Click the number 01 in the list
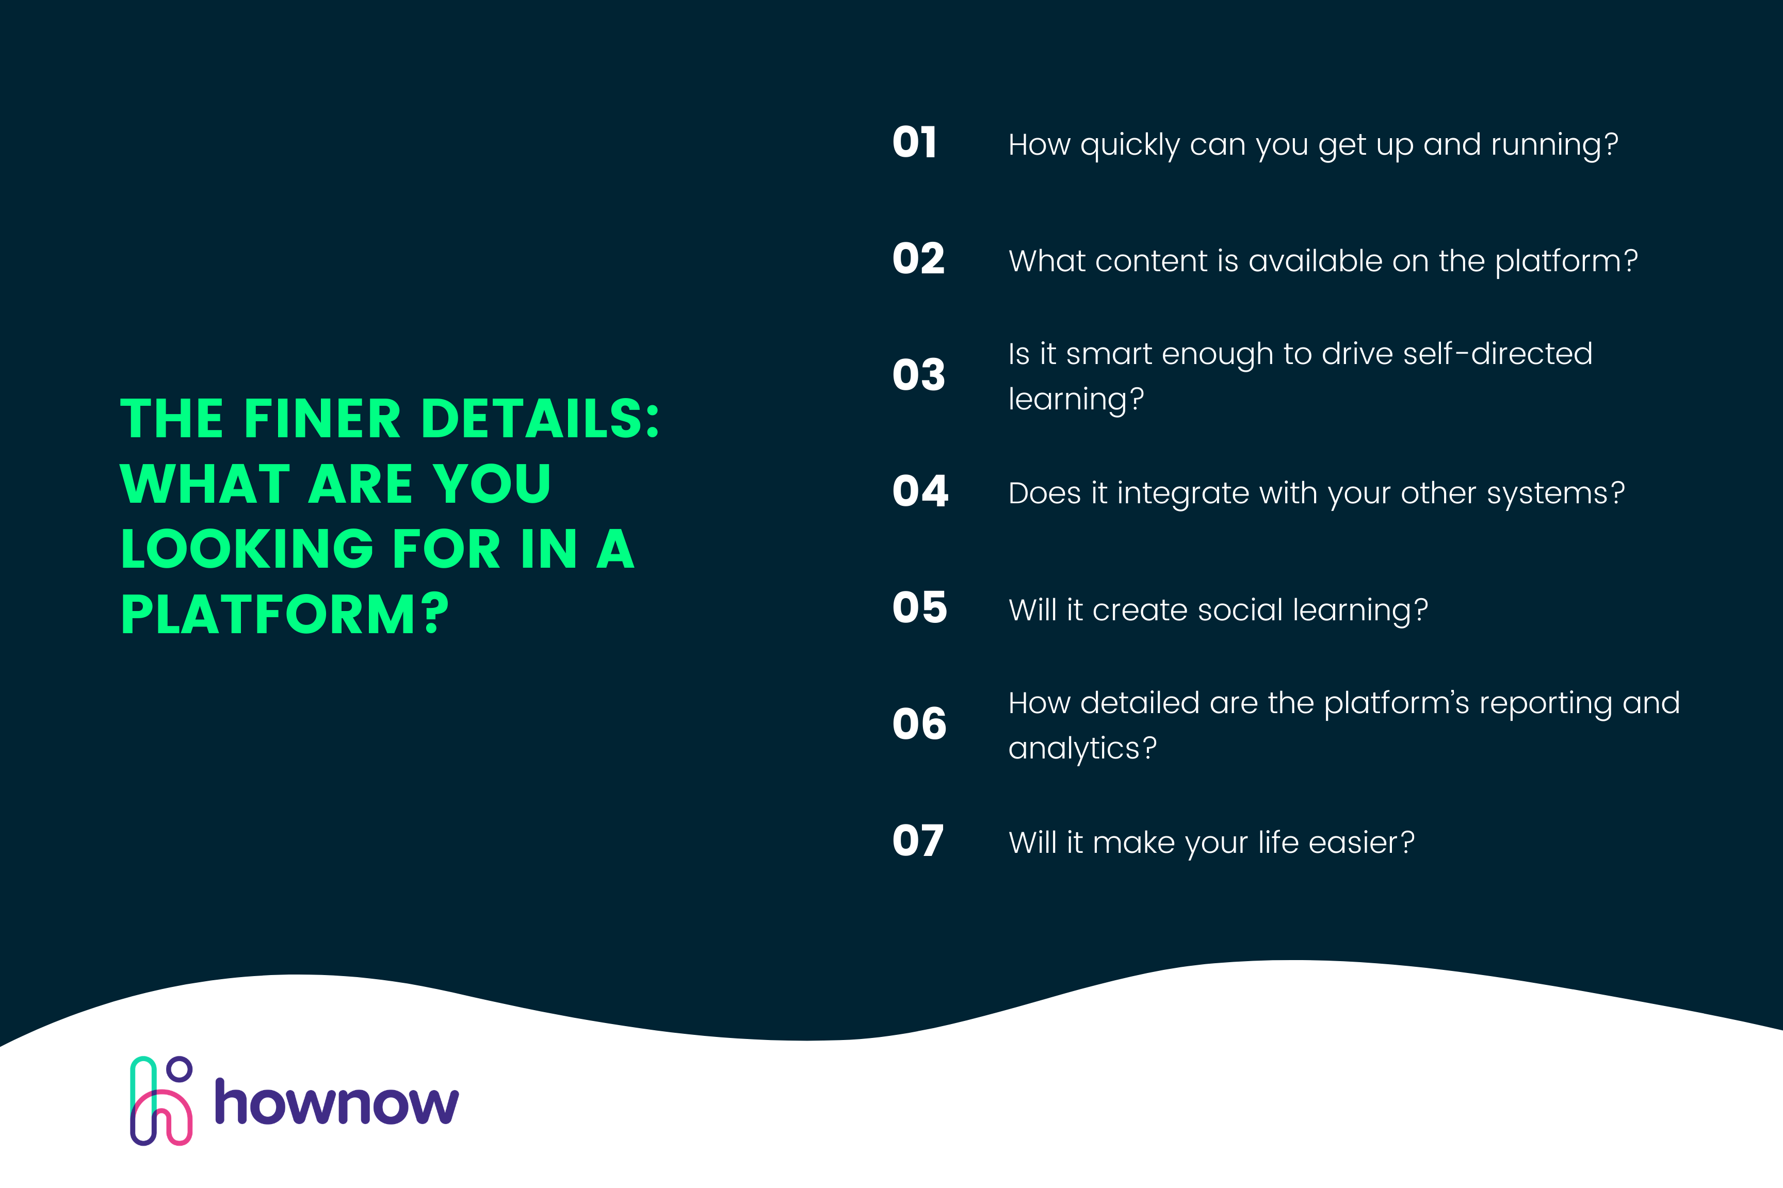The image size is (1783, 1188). [x=914, y=143]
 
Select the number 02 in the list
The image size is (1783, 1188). [x=918, y=259]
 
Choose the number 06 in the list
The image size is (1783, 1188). [x=919, y=724]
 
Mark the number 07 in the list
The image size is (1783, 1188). [x=918, y=841]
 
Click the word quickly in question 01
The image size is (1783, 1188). [x=1129, y=145]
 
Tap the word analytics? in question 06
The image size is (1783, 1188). [x=1082, y=749]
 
